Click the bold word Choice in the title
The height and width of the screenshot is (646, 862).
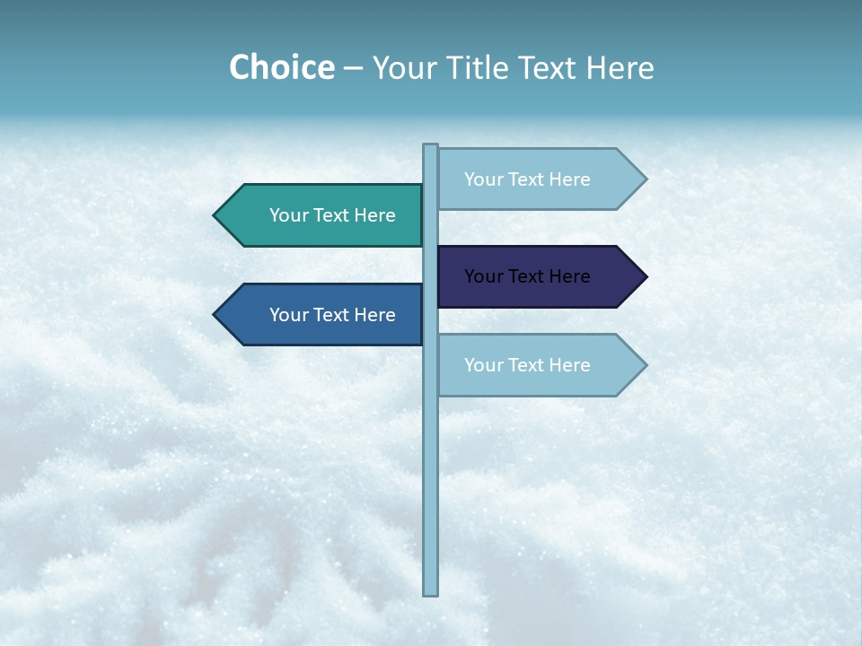281,68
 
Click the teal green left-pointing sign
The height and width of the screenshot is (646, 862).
323,215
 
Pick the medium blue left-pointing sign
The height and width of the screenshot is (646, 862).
323,315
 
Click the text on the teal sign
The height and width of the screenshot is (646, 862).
332,215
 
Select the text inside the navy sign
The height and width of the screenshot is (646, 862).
527,276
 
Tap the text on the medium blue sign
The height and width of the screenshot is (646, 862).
332,315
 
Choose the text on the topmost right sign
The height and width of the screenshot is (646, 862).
527,179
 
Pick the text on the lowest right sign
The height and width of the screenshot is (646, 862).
527,365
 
